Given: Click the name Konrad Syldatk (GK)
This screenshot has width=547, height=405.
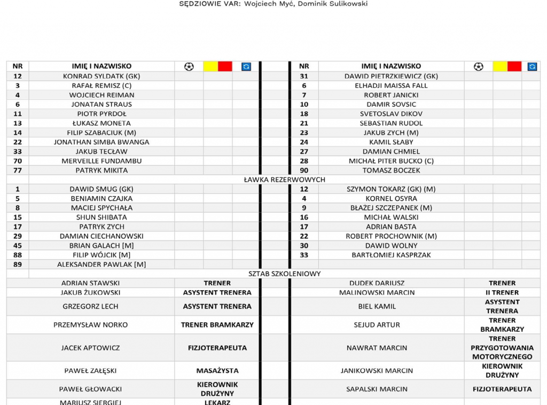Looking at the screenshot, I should [x=101, y=76].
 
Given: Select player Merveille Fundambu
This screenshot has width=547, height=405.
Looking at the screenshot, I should [x=101, y=161].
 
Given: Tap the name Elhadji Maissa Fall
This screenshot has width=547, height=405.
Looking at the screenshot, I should [x=391, y=85].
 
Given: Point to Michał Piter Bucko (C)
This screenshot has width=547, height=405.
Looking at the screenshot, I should [x=391, y=161].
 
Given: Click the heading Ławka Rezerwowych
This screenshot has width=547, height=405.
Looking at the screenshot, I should [x=284, y=180].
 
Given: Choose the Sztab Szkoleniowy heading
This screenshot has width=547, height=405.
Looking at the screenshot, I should [x=284, y=274].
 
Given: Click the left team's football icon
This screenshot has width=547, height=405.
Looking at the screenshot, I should [x=189, y=66].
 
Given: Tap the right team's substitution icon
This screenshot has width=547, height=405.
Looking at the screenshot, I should [x=532, y=66].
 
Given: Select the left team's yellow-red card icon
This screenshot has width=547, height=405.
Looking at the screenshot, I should [x=218, y=66].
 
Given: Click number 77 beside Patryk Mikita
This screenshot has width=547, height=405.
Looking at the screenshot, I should [x=18, y=170].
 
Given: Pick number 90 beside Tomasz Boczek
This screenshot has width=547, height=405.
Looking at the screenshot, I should [x=304, y=170].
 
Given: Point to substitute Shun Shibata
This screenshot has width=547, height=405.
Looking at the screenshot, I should [x=101, y=217].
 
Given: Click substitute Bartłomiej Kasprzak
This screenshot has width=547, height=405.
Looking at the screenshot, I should [x=391, y=255].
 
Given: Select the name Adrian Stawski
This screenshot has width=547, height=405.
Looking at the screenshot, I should [x=90, y=283].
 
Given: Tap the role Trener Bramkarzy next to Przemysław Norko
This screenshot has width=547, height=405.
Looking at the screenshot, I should [x=217, y=325].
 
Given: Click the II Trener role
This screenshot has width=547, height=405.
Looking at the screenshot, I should [x=502, y=292].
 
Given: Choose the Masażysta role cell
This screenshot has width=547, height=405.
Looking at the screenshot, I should [x=217, y=371].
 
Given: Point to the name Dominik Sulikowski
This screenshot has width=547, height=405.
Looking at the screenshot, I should [x=340, y=4].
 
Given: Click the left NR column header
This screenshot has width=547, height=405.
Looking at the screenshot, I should [x=18, y=66].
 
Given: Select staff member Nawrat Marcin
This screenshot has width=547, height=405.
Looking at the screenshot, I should [x=377, y=348].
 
